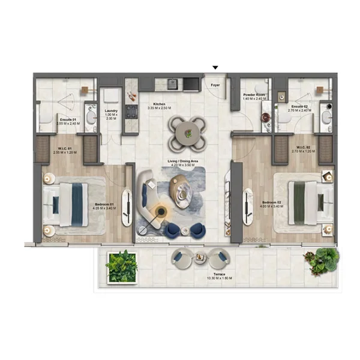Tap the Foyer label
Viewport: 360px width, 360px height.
pos(215,86)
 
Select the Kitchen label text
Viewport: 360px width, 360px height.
pos(159,104)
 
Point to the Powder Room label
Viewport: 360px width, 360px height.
pos(251,95)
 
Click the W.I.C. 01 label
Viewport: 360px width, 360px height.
pos(65,149)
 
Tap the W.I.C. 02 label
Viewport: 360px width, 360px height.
pos(302,148)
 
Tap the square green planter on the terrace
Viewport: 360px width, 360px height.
pos(121,266)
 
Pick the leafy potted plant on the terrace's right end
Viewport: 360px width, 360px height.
pos(322,260)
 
